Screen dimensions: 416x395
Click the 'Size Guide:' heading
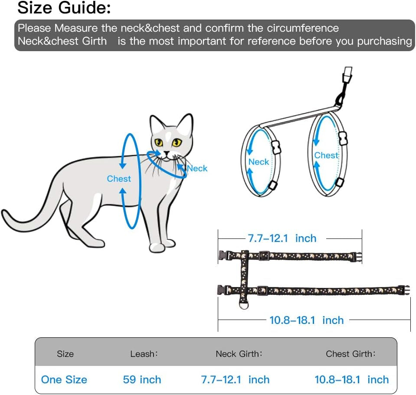point(64,7)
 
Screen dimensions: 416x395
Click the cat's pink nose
point(166,153)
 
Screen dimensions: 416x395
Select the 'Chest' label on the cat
point(119,179)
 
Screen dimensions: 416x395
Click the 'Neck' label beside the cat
point(197,168)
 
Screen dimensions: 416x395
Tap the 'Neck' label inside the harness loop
point(259,162)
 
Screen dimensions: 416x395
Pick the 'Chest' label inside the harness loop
point(326,155)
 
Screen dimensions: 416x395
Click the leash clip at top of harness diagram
point(347,75)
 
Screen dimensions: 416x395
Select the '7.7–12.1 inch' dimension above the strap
point(282,238)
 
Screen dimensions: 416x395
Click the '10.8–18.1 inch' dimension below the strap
point(306,320)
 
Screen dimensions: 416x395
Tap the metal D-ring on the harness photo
point(244,305)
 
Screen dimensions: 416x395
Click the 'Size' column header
point(65,354)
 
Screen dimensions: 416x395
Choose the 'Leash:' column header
point(144,354)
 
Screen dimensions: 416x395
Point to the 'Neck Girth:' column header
point(239,354)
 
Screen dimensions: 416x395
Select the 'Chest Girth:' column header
point(351,354)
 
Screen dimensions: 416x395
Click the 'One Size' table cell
point(64,380)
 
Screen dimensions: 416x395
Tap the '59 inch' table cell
point(142,380)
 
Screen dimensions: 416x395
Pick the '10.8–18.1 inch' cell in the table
point(351,380)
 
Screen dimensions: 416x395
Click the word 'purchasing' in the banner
point(384,41)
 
